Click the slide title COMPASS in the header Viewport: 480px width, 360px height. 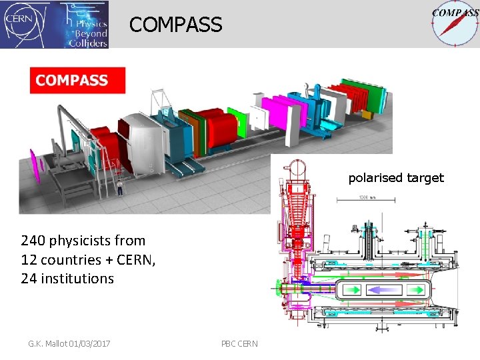click(x=176, y=25)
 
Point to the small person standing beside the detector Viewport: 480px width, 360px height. click(x=120, y=187)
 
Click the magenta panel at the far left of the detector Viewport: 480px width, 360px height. click(x=35, y=166)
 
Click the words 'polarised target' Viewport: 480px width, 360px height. click(x=395, y=178)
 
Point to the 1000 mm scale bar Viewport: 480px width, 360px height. click(x=365, y=199)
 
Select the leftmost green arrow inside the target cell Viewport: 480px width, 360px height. click(x=350, y=290)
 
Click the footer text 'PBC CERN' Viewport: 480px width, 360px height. click(x=239, y=343)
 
